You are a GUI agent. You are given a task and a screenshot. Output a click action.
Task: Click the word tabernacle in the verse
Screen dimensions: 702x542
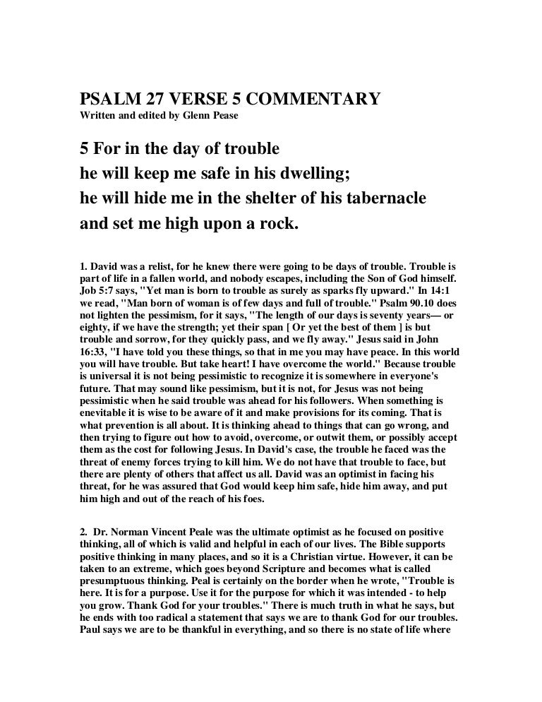(377, 198)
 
